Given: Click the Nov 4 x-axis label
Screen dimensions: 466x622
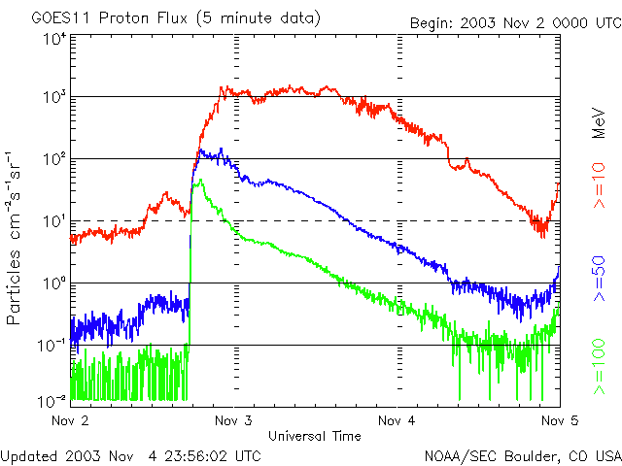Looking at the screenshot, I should [397, 420].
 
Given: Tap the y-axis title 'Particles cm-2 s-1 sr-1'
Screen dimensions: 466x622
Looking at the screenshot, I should [17, 238].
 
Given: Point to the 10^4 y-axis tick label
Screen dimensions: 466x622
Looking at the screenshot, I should [53, 40].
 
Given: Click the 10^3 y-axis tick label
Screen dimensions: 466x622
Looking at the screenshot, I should [53, 97].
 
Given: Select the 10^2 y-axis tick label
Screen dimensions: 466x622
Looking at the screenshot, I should [53, 159].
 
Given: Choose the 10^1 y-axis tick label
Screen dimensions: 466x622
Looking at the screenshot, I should [53, 221].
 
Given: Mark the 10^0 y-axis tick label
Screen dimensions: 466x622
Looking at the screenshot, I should [53, 283].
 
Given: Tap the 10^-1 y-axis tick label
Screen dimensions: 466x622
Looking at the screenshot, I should [51, 346].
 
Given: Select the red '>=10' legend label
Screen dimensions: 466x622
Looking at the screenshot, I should [599, 186].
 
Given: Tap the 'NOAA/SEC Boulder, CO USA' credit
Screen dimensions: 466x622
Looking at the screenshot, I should [522, 454].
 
